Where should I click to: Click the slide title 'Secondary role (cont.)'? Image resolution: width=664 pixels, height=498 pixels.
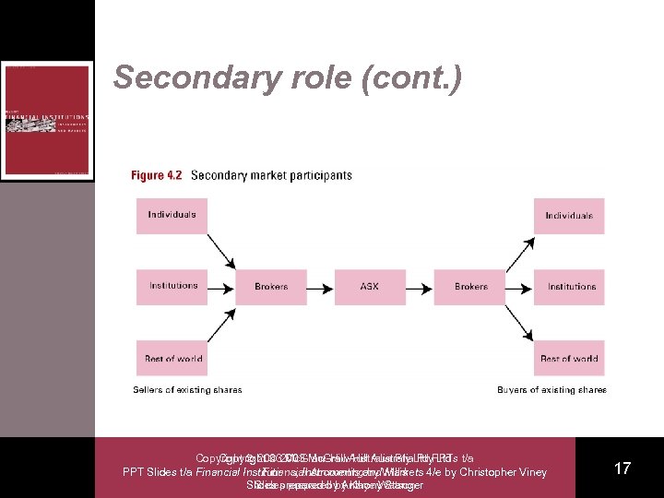[287, 78]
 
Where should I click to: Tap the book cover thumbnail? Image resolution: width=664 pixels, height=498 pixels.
[47, 120]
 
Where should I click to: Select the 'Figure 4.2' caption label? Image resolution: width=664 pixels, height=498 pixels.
[156, 175]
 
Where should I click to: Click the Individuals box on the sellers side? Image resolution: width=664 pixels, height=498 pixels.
[172, 215]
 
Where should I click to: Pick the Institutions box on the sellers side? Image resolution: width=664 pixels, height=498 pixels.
[172, 286]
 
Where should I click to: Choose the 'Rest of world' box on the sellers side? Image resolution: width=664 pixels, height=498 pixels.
[172, 358]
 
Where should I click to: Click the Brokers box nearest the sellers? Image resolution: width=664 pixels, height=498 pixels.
[271, 286]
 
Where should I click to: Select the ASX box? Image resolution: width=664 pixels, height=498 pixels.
[370, 286]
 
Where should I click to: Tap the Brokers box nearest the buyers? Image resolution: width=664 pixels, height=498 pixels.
[470, 286]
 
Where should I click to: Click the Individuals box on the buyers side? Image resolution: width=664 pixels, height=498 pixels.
[569, 215]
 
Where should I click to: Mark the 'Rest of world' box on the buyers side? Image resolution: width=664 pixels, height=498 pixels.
[569, 358]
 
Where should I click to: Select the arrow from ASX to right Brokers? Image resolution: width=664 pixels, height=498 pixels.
[420, 286]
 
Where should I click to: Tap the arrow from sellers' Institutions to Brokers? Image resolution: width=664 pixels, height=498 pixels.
[221, 286]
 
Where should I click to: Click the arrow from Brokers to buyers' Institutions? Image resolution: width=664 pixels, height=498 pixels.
[519, 286]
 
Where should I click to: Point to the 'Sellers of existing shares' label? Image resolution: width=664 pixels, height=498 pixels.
[187, 390]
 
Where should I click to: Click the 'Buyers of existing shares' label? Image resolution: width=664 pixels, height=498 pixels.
[551, 390]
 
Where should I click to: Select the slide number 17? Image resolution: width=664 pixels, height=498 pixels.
[622, 468]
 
